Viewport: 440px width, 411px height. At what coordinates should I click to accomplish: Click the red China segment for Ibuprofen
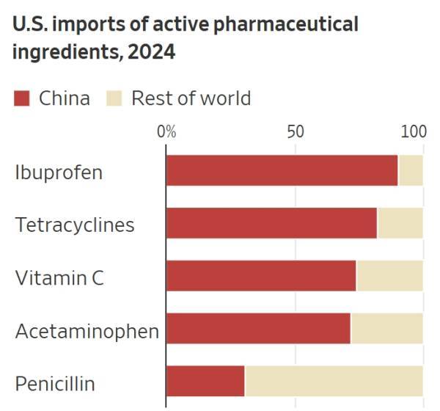[x=282, y=171]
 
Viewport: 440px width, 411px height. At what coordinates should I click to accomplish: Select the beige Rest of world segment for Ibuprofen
[x=410, y=171]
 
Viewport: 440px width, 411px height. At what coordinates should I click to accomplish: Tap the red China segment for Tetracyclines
[x=271, y=223]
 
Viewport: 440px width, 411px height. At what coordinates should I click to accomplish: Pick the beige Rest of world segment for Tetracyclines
[x=400, y=223]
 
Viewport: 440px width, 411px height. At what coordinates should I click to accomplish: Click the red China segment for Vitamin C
[x=261, y=276]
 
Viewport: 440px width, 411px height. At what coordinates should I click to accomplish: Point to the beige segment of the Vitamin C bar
[x=389, y=276]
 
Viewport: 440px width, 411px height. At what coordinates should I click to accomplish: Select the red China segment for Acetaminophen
[x=258, y=328]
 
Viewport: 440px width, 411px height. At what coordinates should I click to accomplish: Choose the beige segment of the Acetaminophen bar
[x=386, y=328]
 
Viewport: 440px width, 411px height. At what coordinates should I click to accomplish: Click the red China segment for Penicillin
[x=205, y=380]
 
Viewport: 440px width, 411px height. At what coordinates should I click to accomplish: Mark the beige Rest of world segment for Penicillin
[x=334, y=380]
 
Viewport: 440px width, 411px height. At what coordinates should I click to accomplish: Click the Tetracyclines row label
[x=75, y=225]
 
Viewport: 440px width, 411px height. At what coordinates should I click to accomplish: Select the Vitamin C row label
[x=59, y=278]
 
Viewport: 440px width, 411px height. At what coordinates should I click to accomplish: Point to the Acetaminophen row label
[x=87, y=331]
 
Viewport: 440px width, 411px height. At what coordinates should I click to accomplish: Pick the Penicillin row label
[x=55, y=383]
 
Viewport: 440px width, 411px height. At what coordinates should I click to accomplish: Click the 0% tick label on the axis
[x=166, y=132]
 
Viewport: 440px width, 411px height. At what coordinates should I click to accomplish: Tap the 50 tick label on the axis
[x=295, y=132]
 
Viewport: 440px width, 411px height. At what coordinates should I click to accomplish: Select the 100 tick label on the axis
[x=414, y=132]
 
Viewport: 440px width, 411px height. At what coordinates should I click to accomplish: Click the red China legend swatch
[x=22, y=98]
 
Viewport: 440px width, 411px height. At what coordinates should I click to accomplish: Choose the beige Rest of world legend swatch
[x=115, y=98]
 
